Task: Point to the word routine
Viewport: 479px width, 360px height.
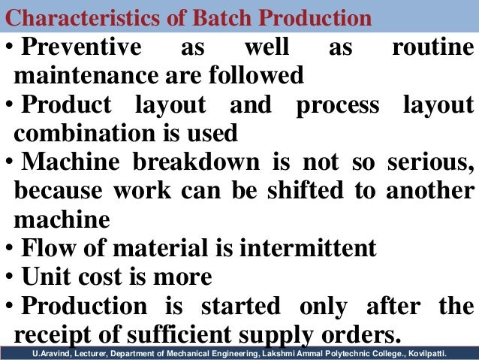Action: click(x=433, y=48)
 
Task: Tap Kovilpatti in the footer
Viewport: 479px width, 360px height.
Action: click(x=447, y=352)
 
